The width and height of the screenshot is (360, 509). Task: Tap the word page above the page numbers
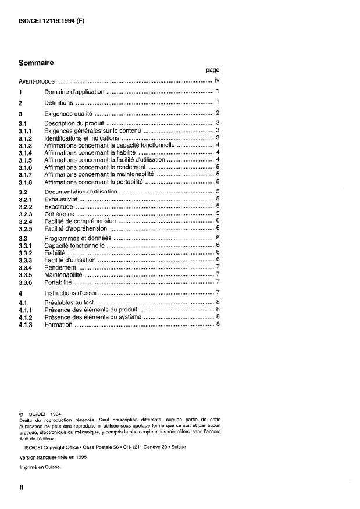[212, 70]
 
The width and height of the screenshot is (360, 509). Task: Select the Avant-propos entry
[36, 81]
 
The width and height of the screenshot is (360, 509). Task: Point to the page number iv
[216, 81]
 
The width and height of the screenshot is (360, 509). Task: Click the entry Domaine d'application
[74, 92]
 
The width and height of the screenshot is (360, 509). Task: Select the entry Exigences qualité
[69, 113]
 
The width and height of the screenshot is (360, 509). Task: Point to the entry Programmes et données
[77, 238]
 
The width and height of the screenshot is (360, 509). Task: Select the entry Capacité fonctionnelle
[74, 246]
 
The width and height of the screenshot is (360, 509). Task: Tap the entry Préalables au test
[69, 303]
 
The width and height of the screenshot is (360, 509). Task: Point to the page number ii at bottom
[21, 488]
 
